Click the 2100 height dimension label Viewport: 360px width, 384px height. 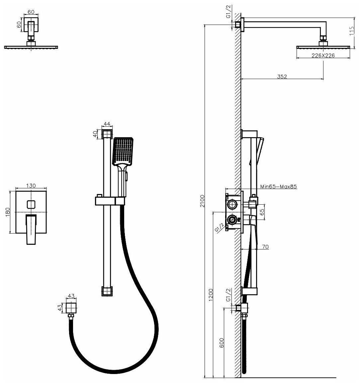click(202, 201)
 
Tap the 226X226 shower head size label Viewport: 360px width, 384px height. click(323, 55)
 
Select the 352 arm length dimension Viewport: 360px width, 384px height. click(282, 76)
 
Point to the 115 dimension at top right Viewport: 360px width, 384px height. click(352, 31)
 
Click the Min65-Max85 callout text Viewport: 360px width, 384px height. click(278, 186)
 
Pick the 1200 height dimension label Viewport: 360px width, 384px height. click(211, 295)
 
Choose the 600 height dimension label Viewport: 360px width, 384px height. click(222, 343)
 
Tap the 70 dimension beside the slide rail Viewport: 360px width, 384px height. click(265, 246)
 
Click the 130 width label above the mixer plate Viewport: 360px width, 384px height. click(31, 186)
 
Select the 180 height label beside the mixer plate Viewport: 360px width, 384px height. click(8, 212)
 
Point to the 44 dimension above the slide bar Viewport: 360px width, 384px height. click(107, 124)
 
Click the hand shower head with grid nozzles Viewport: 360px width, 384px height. click(123, 150)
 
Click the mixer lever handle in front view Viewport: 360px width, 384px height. click(31, 229)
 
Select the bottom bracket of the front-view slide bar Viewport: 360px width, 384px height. click(107, 291)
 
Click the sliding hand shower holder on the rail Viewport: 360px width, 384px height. click(110, 201)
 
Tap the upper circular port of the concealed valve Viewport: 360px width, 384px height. click(231, 204)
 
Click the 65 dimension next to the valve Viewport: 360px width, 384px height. click(262, 212)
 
